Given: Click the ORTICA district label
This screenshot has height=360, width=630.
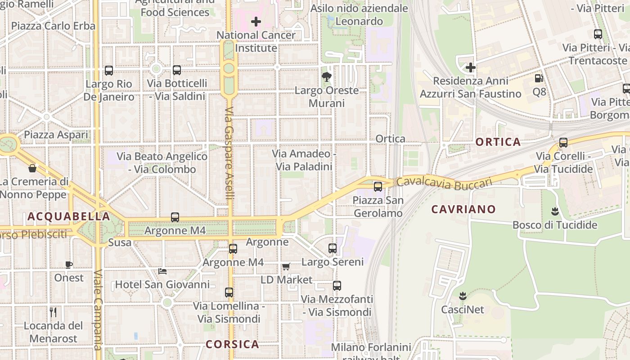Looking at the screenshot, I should pos(498,142).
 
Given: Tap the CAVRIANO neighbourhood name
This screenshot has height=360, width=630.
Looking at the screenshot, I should pos(463,209).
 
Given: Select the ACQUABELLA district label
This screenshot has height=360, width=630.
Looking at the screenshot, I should pos(69,216).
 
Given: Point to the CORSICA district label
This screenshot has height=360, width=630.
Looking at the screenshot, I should pos(232,345).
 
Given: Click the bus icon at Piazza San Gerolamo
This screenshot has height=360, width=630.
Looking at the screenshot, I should pos(378,186).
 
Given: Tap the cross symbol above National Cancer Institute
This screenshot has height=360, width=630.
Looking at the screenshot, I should pos(256,21).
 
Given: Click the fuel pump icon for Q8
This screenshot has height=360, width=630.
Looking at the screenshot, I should pos(539,78).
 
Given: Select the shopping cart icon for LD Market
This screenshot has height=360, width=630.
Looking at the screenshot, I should pos(286,266).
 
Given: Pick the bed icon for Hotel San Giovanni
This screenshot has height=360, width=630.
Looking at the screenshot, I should pos(162,271).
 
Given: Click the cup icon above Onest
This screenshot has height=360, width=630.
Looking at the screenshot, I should pos(69,265).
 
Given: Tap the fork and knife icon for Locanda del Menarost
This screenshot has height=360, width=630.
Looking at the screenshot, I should pos(53,312).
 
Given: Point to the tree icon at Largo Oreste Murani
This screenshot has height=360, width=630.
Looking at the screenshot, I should pos(327,77).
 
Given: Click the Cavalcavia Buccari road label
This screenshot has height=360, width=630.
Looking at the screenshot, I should pos(444,182).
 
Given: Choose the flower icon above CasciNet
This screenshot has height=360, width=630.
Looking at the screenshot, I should pos(462,296).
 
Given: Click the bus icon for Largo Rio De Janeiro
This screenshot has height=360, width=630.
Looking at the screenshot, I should pos(109,71).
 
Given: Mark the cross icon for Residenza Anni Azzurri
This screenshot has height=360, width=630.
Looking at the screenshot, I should pos(471,67).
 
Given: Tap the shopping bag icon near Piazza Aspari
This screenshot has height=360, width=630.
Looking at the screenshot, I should pos(32,168).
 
